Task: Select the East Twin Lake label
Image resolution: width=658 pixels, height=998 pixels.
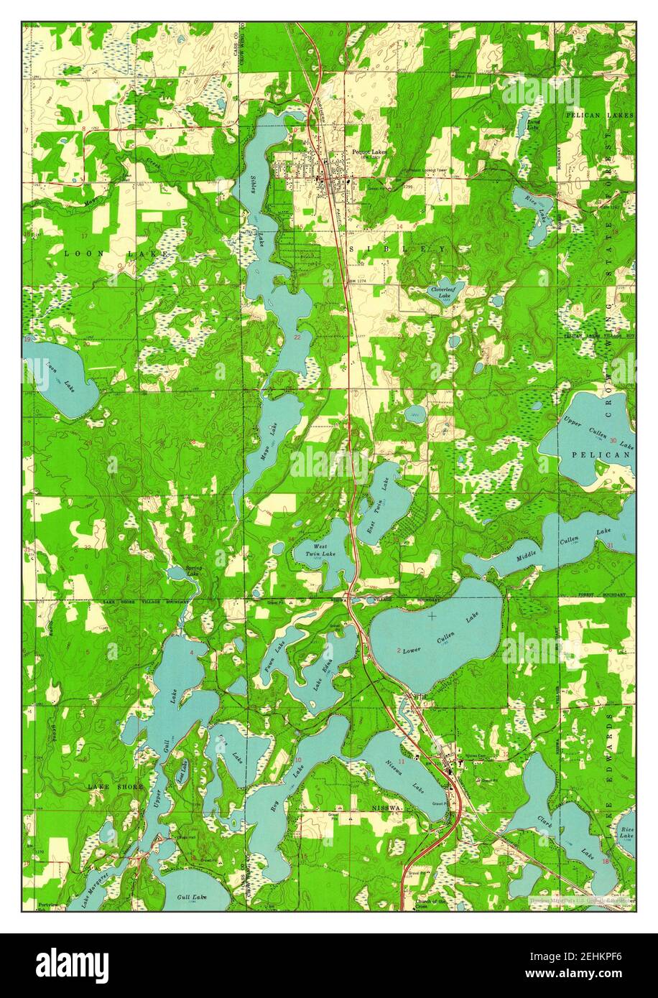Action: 380,496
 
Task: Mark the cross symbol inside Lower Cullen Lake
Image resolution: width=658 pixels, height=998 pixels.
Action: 432,615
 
